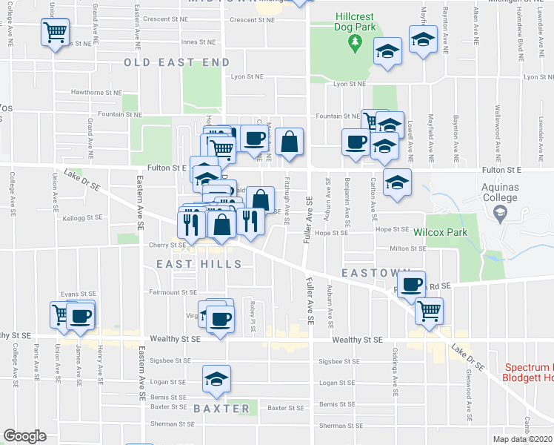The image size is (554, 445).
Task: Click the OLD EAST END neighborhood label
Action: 177,63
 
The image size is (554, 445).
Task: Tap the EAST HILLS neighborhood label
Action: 199,264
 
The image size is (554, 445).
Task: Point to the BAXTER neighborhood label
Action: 221,409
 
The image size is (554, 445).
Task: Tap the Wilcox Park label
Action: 446,231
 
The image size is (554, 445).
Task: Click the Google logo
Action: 24,436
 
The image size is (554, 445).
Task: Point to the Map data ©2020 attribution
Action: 523,439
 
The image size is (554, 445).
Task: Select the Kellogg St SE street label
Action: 83,218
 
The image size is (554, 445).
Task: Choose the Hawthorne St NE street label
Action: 96,93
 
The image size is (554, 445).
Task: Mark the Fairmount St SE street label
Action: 173,292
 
